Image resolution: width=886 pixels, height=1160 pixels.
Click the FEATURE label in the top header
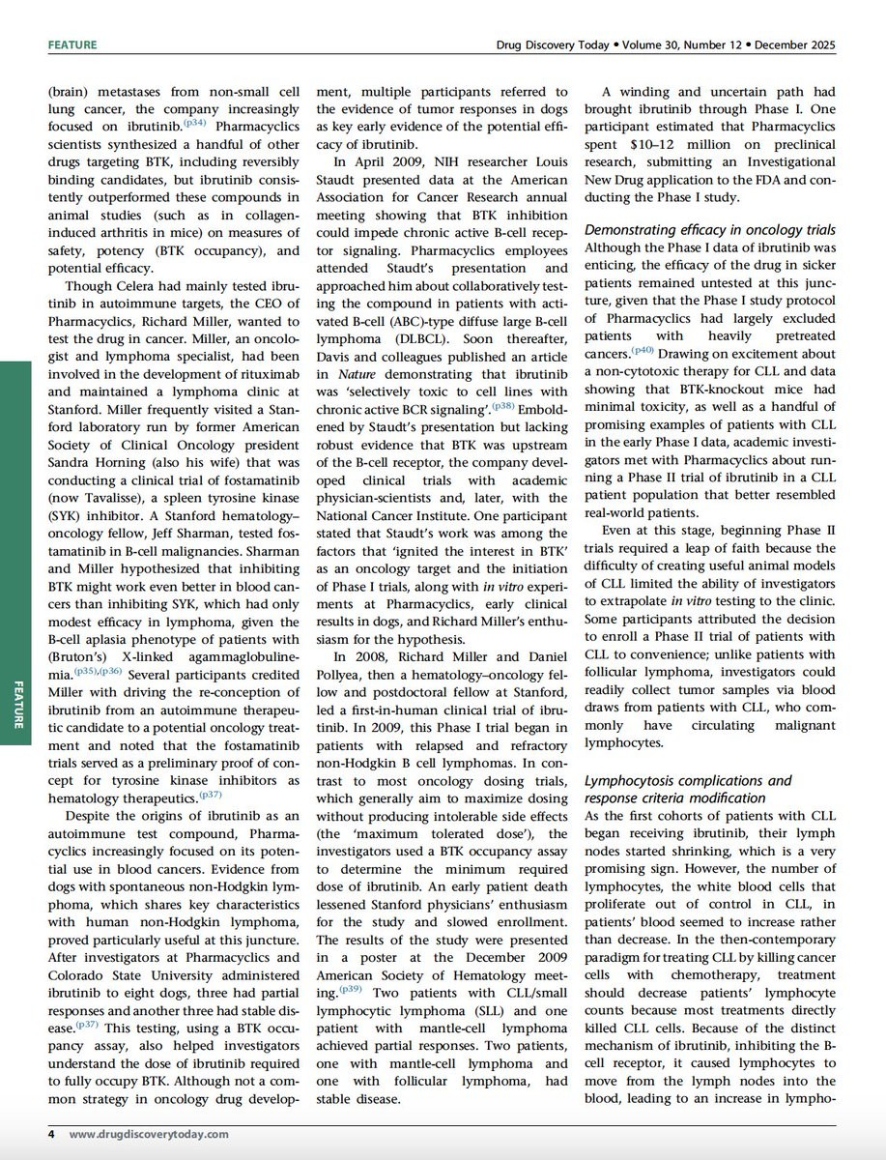coord(72,45)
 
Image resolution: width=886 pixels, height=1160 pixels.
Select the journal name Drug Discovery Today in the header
coord(545,45)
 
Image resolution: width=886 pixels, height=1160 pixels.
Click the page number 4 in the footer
coord(51,1134)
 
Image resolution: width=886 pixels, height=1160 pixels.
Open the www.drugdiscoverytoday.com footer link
coord(149,1134)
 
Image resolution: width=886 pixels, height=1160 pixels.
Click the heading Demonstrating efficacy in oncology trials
coord(710,229)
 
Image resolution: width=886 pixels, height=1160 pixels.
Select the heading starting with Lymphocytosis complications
coord(688,780)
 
